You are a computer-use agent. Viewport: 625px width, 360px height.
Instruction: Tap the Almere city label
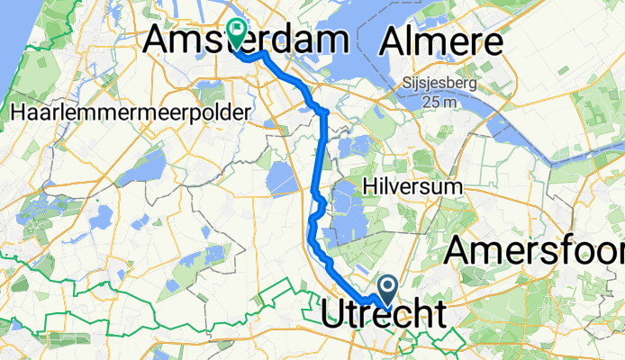point(441,41)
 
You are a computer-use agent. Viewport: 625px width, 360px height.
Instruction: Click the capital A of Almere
point(395,41)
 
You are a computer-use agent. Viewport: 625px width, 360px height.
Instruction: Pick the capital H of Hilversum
point(367,186)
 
